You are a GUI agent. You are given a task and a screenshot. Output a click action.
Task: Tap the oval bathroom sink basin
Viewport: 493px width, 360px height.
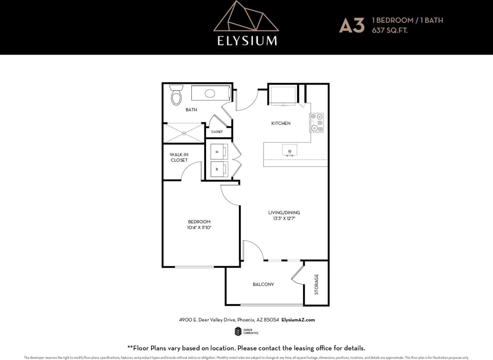(210, 93)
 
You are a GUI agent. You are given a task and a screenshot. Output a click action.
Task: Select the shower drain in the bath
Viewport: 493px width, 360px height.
(184, 133)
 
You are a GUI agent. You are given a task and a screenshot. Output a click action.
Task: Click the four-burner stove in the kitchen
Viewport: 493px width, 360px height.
(317, 123)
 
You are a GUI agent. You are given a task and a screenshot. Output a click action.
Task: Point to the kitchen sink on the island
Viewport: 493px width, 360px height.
(289, 151)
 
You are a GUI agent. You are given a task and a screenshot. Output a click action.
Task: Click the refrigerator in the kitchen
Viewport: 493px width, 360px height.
(283, 95)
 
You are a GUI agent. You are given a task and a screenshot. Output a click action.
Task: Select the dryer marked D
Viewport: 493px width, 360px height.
(219, 151)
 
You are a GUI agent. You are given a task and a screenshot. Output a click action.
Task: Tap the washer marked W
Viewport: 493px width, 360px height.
(219, 169)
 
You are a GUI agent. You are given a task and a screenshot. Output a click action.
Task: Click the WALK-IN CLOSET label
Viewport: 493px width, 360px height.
(179, 157)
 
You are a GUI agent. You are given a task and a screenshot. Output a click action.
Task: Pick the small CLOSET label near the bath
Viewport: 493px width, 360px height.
(217, 132)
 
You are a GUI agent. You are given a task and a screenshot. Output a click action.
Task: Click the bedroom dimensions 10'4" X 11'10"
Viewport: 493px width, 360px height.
(199, 228)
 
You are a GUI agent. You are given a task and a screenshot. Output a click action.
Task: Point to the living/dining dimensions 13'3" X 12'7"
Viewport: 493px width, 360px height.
(284, 218)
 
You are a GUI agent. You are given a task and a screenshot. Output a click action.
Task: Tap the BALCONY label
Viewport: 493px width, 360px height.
(263, 284)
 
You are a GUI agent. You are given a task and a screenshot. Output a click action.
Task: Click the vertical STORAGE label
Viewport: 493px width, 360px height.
(317, 284)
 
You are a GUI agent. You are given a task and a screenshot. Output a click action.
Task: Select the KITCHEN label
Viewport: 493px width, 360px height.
(281, 123)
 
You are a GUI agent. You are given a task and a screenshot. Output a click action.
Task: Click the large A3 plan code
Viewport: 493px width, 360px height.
(351, 25)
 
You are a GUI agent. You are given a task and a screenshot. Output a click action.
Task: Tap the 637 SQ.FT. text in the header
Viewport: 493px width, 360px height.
(389, 30)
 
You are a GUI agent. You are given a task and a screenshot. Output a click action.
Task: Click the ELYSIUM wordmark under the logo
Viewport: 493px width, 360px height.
(247, 40)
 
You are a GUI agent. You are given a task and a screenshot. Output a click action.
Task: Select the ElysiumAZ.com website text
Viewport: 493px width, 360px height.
(298, 320)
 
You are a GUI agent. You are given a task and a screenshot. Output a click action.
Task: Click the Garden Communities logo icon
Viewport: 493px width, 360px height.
(238, 331)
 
